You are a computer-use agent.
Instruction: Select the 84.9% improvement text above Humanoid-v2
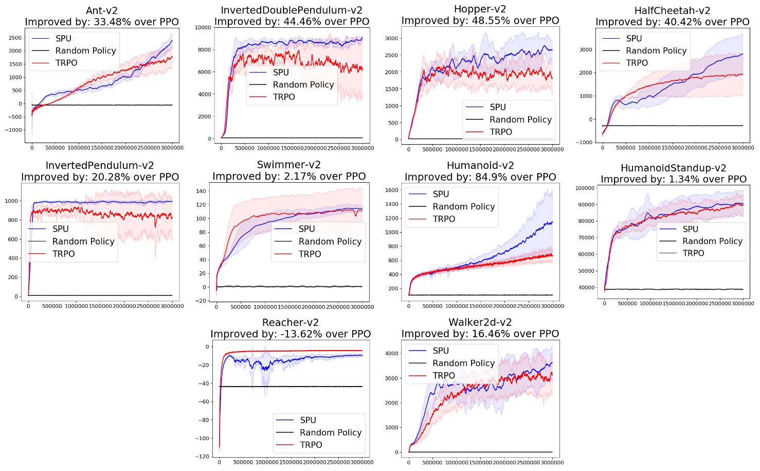(480, 177)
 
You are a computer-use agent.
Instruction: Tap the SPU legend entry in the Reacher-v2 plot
(307, 420)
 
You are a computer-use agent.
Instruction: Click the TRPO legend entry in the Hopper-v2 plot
(500, 132)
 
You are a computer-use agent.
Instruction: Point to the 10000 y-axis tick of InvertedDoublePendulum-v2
(203, 28)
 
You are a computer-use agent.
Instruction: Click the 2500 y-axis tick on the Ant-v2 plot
(15, 38)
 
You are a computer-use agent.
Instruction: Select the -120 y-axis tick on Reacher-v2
(203, 457)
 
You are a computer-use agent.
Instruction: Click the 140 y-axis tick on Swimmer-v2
(201, 191)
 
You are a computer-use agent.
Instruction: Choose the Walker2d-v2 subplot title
(480, 322)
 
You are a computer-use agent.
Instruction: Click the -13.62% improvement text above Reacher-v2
(291, 334)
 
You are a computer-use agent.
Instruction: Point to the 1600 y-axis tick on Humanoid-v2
(391, 190)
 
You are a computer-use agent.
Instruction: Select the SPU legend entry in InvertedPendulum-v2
(60, 229)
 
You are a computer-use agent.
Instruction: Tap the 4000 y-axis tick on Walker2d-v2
(392, 354)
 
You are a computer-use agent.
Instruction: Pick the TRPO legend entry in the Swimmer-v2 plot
(310, 254)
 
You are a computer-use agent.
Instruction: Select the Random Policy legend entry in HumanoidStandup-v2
(712, 241)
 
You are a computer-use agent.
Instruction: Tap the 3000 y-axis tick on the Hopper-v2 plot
(391, 39)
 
